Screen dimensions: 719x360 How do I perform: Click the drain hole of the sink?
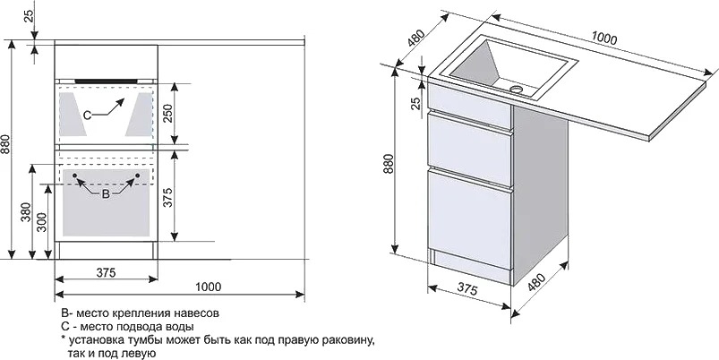click(x=517, y=88)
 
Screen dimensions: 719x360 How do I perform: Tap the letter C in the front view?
click(x=87, y=116)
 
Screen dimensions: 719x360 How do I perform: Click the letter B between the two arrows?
click(x=106, y=194)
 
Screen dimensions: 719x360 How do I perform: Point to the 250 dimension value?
click(x=167, y=113)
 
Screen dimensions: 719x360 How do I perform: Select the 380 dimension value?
click(x=26, y=213)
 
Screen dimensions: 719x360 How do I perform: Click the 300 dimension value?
click(x=42, y=222)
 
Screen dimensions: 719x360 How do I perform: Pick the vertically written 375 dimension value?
click(x=167, y=197)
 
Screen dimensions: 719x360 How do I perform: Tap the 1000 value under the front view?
click(x=209, y=287)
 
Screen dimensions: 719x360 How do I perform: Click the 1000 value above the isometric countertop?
click(x=603, y=39)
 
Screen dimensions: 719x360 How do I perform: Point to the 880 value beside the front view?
click(x=5, y=146)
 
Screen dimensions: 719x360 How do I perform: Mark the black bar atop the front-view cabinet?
click(x=106, y=81)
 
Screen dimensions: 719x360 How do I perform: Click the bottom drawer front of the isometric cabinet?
click(x=469, y=219)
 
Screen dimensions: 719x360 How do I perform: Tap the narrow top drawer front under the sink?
click(x=469, y=105)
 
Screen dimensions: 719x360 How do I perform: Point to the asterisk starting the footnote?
click(x=63, y=339)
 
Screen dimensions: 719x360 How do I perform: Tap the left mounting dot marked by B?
click(x=74, y=175)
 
